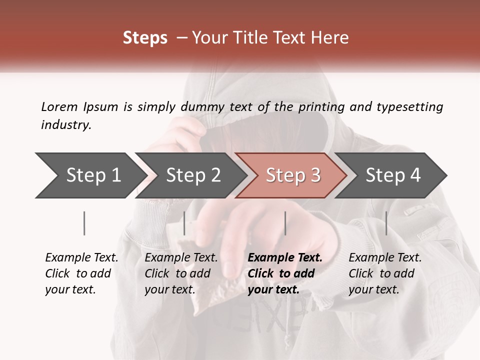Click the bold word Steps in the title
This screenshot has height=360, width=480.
coord(145,38)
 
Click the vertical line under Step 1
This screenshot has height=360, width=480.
coord(84,223)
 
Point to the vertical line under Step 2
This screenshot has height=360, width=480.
coord(184,223)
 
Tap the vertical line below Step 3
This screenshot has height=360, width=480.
coord(285,223)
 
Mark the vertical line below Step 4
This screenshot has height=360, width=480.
coord(386,223)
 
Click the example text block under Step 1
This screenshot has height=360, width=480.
coord(81,273)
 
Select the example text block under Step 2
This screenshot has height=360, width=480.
coord(181,273)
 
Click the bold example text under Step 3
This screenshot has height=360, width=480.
coord(285,273)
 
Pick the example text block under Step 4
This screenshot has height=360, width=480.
coord(385,273)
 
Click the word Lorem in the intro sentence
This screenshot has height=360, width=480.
coord(59,107)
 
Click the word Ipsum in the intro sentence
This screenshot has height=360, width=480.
coord(101,107)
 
